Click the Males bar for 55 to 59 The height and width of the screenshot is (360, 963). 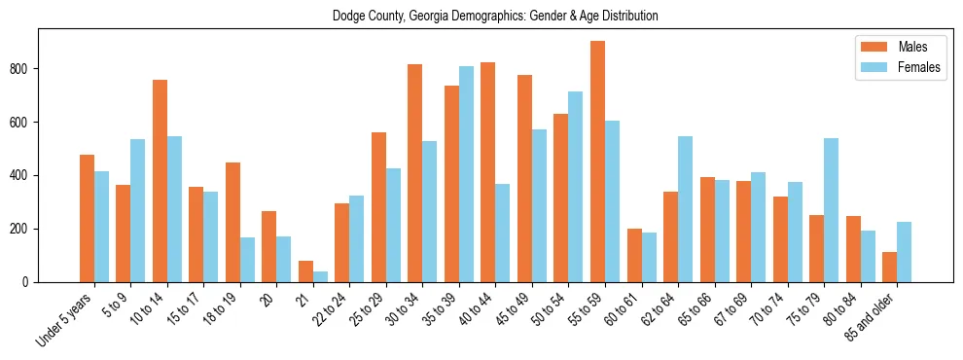coord(597,162)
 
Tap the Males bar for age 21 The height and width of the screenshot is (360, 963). coord(305,271)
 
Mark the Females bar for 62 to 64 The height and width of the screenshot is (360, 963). coord(685,209)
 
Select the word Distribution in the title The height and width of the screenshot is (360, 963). coord(625,17)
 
